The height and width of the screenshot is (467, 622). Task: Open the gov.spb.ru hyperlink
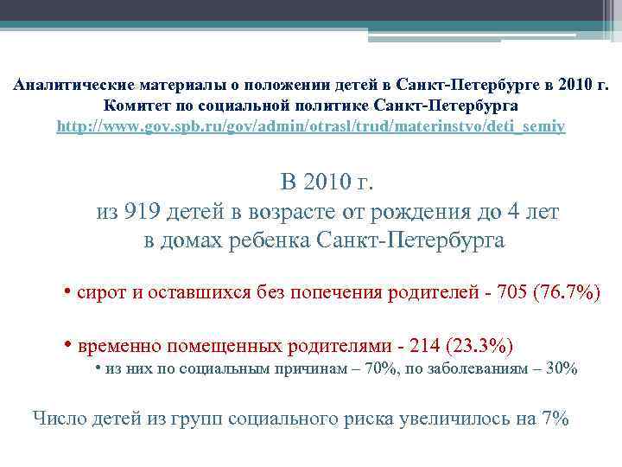(x=311, y=126)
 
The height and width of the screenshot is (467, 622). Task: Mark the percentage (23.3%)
(x=480, y=346)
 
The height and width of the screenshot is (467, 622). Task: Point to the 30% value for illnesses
(x=562, y=368)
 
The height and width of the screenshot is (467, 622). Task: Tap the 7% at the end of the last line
(x=554, y=419)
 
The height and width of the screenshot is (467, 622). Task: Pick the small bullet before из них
(x=98, y=367)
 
